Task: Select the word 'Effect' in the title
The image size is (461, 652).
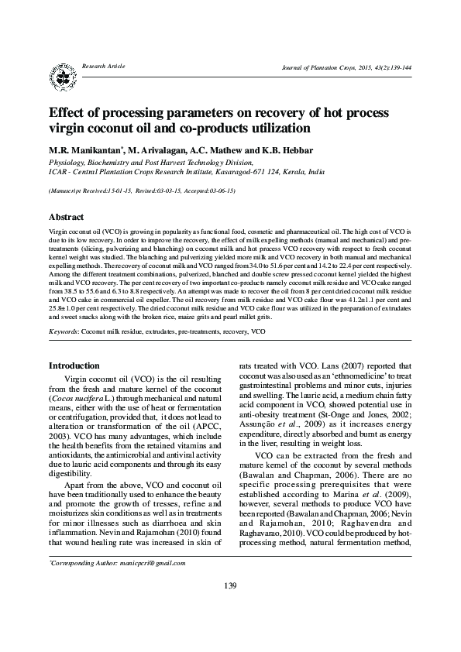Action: coord(70,112)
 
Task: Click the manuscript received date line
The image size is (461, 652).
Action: coord(141,190)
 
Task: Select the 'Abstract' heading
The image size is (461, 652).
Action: coord(66,218)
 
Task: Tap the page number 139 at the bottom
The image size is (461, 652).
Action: coord(229,606)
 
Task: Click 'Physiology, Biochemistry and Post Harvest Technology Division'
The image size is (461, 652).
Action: coord(150,163)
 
